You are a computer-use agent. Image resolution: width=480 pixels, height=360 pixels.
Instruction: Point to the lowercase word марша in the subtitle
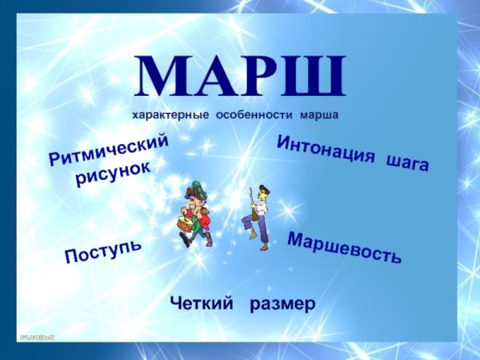coord(319,115)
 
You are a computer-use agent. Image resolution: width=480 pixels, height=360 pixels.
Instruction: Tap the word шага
coord(406,162)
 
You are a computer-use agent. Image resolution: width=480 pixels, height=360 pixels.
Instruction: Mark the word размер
coord(282,303)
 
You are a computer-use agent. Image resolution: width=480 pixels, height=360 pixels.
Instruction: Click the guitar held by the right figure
coord(254,209)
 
